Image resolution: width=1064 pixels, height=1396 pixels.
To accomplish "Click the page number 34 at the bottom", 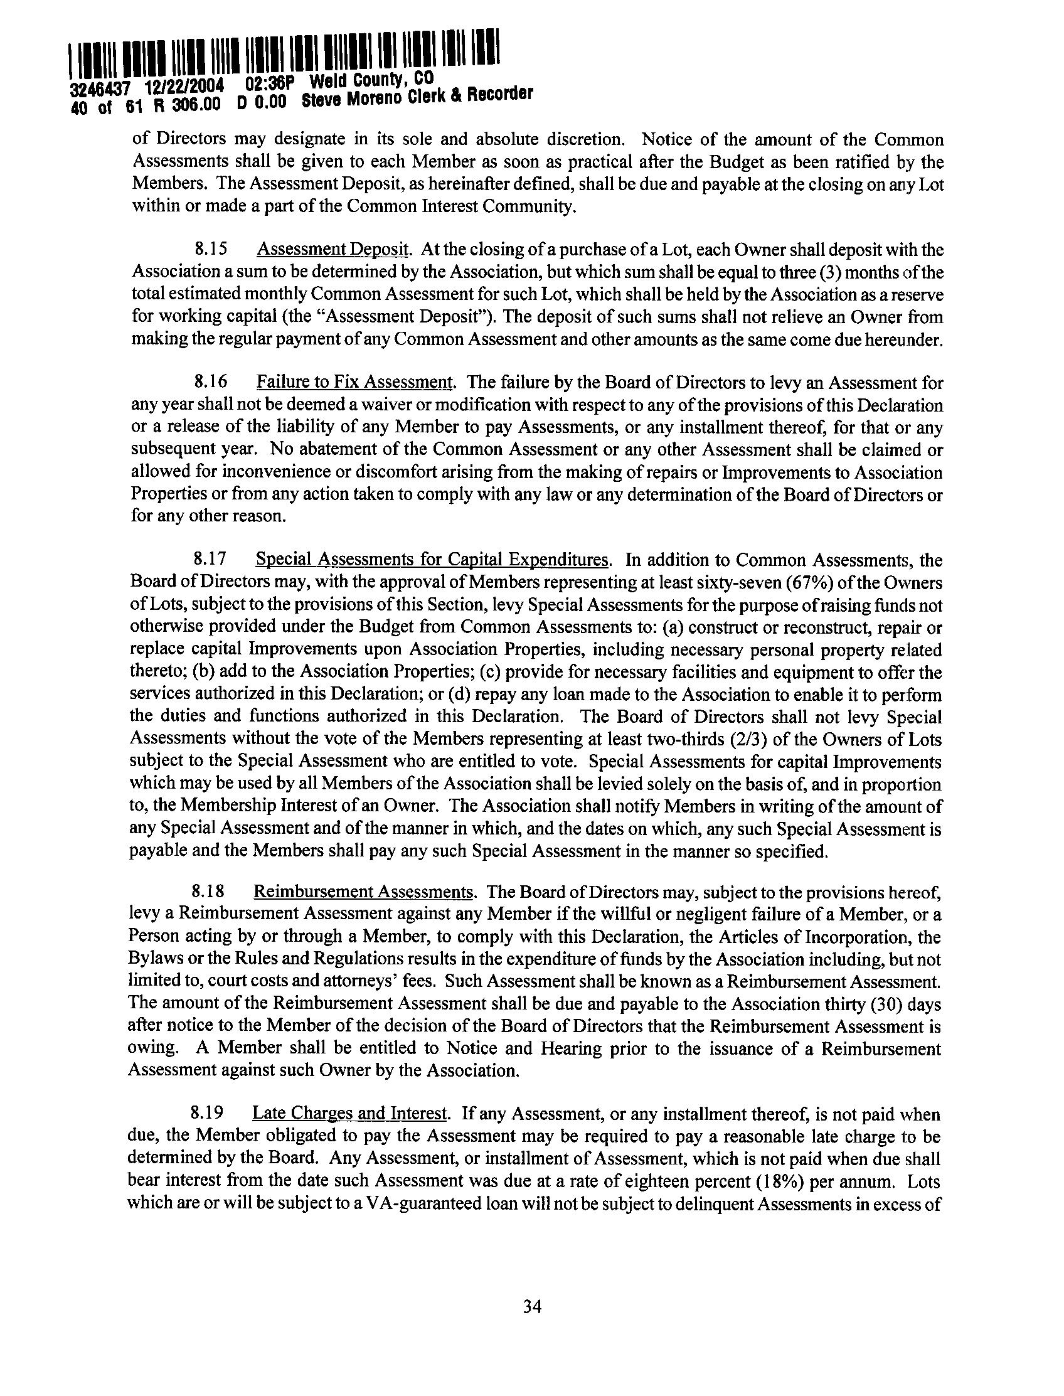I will point(531,1306).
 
